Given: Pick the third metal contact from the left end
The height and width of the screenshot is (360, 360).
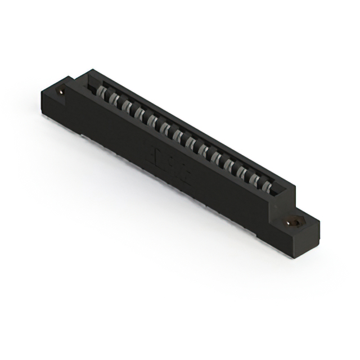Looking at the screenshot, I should [126, 106].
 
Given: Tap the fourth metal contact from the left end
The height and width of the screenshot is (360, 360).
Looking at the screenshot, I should [138, 112].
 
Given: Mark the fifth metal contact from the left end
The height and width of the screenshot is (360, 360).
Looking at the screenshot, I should [151, 120].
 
